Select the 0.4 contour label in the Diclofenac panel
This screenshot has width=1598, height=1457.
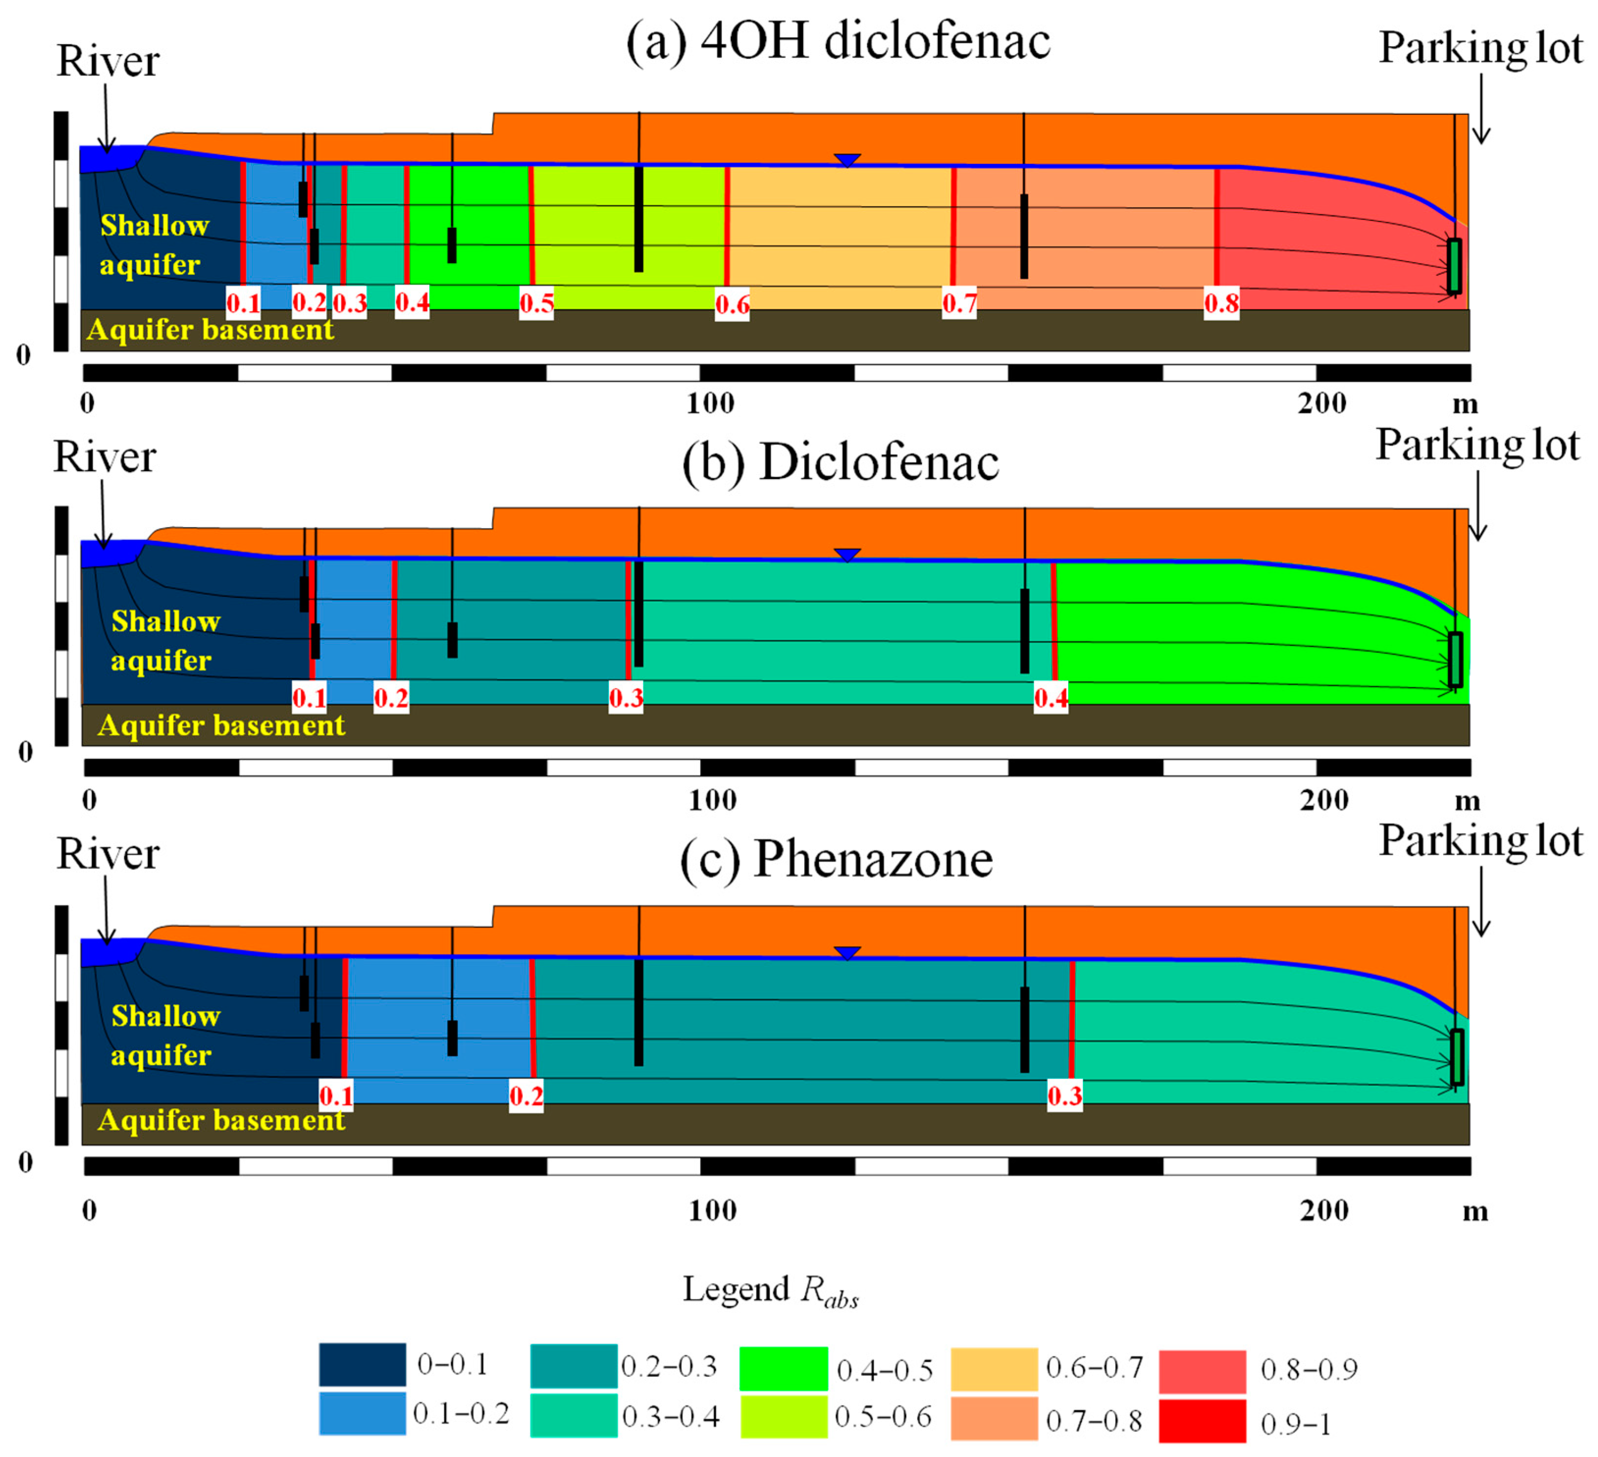[x=1051, y=698]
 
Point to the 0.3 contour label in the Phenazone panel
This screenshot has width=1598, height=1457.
[x=1065, y=1095]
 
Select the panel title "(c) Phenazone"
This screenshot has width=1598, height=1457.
[x=836, y=859]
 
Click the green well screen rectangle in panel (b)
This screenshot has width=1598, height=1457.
[x=1455, y=660]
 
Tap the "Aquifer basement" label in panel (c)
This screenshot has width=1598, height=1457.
[x=221, y=1120]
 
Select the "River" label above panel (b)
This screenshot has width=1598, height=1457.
[x=105, y=457]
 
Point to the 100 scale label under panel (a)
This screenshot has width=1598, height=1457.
[x=710, y=404]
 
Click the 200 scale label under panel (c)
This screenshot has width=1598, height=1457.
[x=1324, y=1211]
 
